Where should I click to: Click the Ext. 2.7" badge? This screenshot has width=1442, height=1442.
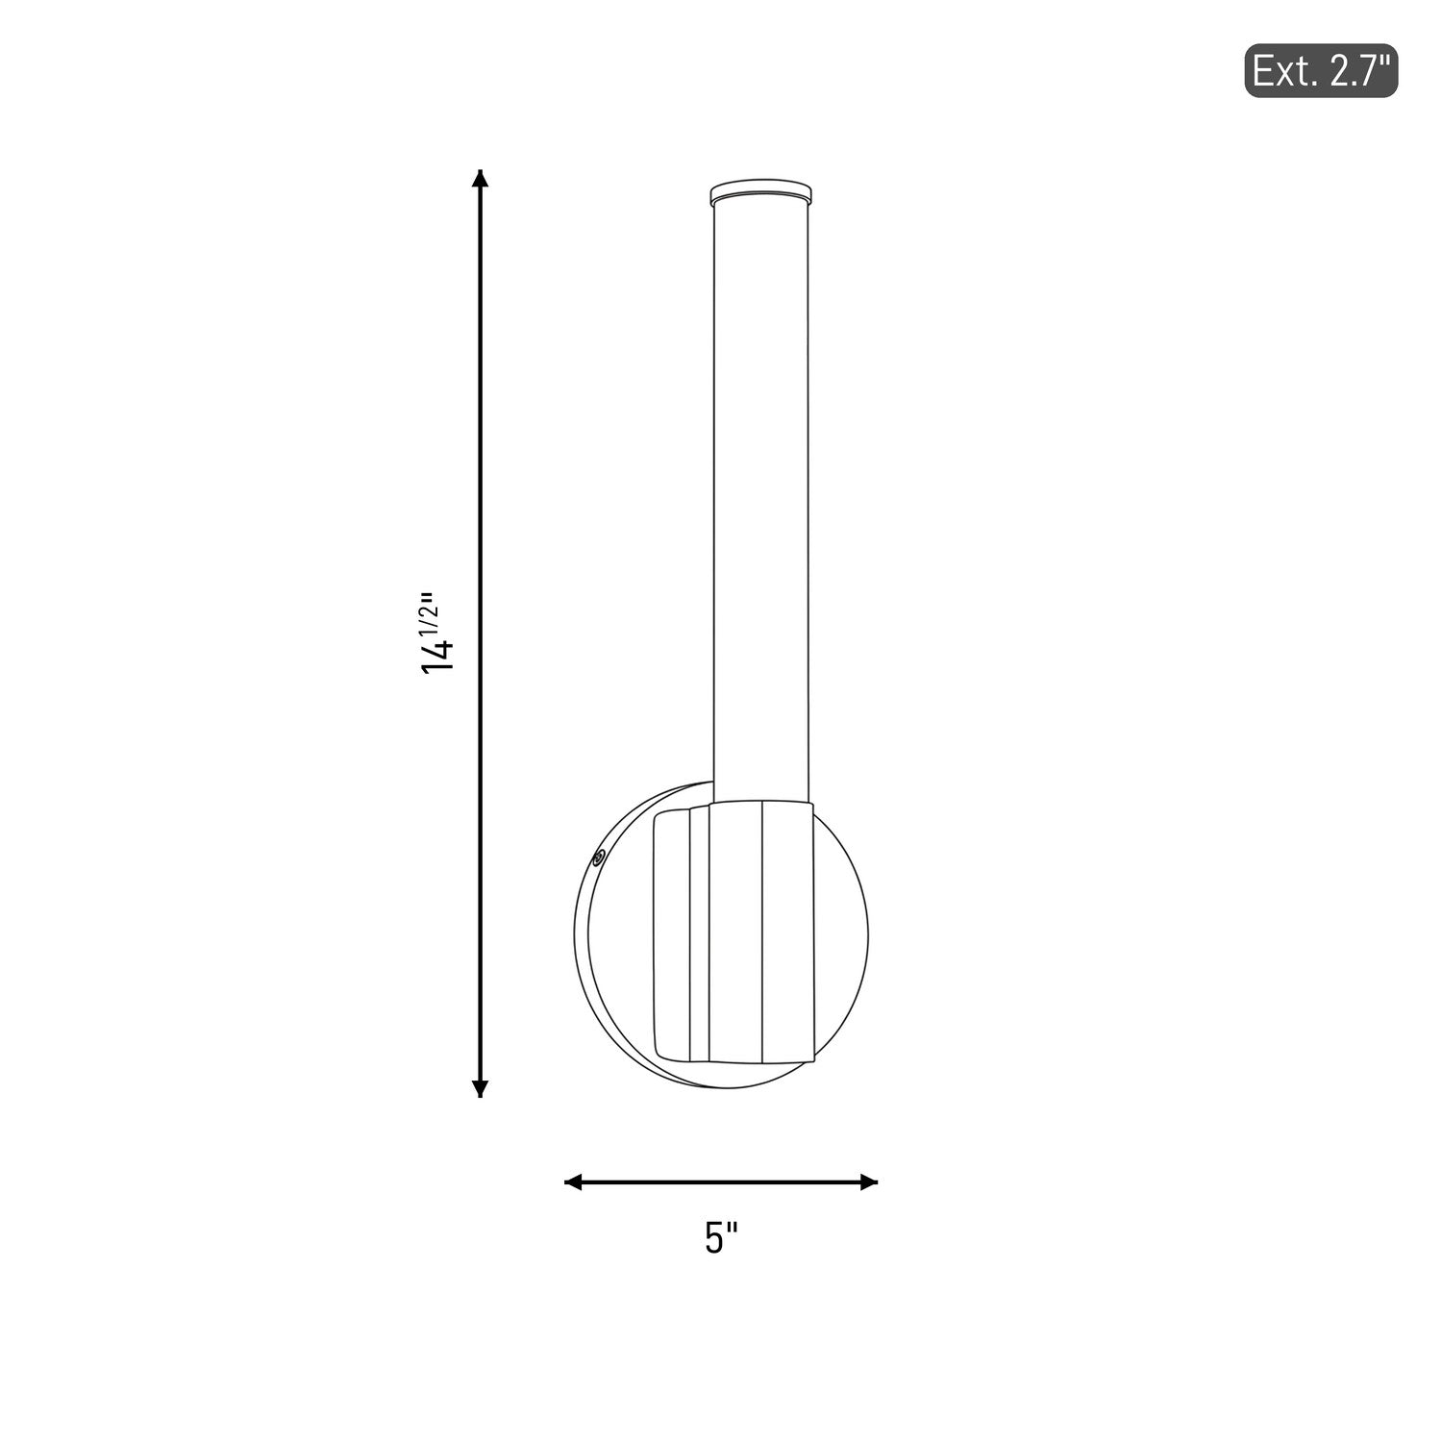[1321, 70]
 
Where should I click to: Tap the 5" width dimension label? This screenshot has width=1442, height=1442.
[721, 1237]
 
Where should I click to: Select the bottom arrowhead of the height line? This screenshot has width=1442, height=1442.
[481, 1087]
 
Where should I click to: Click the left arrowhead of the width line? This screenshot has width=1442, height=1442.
[574, 1181]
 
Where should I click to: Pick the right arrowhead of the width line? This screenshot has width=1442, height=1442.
[868, 1181]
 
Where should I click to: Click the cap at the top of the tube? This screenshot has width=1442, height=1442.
[759, 191]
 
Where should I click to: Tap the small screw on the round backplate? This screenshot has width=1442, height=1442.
[598, 857]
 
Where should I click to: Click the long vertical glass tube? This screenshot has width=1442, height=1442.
[759, 500]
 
